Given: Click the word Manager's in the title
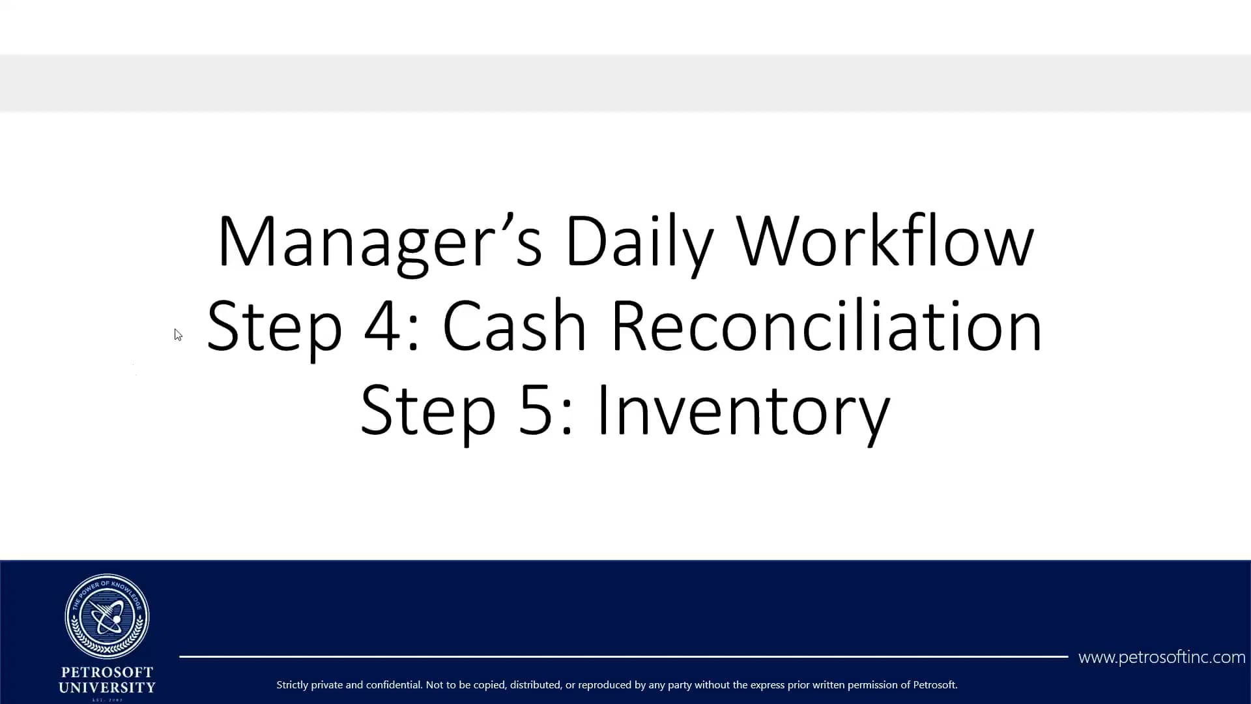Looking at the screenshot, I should (x=379, y=241).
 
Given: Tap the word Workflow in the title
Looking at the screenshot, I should (x=885, y=241).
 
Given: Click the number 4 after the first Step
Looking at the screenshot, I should (x=382, y=325).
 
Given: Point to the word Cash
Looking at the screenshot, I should (x=514, y=325).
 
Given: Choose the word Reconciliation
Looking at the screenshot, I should (x=826, y=325).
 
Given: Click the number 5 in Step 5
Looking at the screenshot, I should (x=536, y=410).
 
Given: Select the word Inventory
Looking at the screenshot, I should (x=743, y=411).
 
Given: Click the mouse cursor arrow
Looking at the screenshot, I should (x=178, y=334).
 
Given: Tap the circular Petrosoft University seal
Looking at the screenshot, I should (x=108, y=616).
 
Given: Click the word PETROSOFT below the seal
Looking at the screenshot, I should (x=108, y=672).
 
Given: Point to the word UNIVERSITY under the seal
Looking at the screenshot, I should (x=108, y=688).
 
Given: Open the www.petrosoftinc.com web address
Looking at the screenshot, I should (x=1162, y=657).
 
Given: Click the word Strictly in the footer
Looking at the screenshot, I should (x=293, y=685).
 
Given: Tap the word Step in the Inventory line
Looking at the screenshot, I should (x=428, y=411).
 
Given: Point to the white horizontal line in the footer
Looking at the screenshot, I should (x=624, y=656).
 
